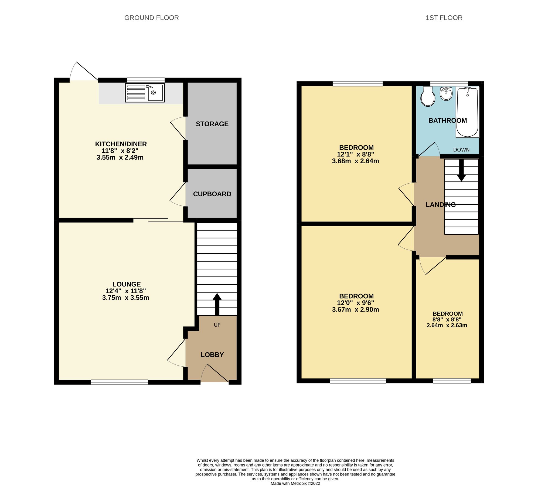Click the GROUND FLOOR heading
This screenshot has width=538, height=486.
coord(151,18)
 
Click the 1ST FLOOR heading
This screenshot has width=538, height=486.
coord(444,18)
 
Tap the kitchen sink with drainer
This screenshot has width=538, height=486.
coord(145,93)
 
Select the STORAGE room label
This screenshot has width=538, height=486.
coord(212,124)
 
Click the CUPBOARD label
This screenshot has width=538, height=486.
coord(212,194)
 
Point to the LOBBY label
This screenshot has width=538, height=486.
coord(212,355)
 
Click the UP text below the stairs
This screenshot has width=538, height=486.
coord(217,325)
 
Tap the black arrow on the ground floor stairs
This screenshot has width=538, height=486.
coord(217,304)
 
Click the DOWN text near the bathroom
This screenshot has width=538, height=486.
coord(461,150)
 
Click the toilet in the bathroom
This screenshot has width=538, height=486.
coord(428,97)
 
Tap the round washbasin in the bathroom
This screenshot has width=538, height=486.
coord(446,94)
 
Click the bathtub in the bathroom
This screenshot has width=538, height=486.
coord(468,112)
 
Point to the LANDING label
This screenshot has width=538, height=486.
coord(441,205)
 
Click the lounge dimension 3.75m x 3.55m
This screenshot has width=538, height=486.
coord(126,298)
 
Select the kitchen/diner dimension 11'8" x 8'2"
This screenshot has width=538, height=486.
coord(120,151)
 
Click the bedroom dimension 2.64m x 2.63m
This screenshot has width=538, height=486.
coord(447,325)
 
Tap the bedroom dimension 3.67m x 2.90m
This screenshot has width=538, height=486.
coord(355,310)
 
